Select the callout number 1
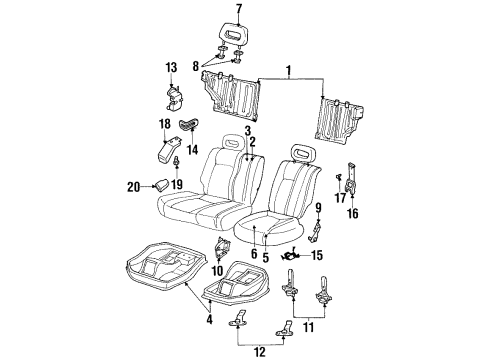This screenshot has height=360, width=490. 290,73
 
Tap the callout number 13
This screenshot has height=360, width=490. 170,67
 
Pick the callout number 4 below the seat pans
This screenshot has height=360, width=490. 208,319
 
